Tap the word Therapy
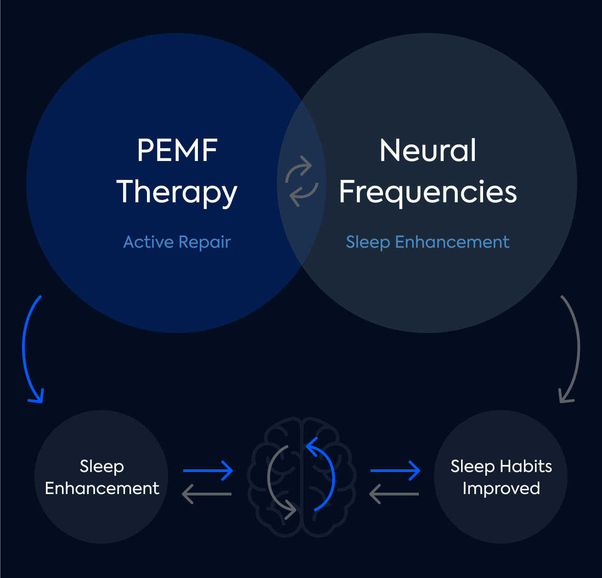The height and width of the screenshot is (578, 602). (x=177, y=192)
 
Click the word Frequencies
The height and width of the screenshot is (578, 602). (x=428, y=192)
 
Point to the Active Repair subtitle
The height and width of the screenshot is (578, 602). (x=177, y=242)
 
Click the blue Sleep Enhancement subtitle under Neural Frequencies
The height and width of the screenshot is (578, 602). (x=428, y=242)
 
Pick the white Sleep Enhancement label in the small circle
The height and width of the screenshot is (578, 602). (x=102, y=477)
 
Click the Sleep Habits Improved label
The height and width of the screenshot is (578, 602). (x=501, y=477)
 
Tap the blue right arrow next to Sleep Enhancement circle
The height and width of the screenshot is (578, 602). (x=208, y=470)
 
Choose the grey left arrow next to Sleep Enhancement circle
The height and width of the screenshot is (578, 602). (x=207, y=494)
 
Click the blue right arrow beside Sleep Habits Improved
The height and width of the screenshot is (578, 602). (x=395, y=470)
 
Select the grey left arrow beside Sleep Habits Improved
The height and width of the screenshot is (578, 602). (x=394, y=494)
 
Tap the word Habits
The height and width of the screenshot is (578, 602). (x=526, y=466)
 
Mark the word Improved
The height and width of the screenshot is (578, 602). (x=501, y=489)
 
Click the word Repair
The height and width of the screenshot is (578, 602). (x=204, y=242)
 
